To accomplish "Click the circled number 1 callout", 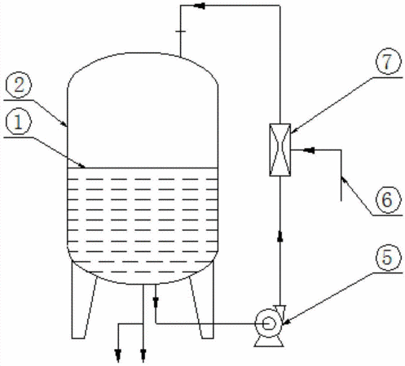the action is coord(18,123).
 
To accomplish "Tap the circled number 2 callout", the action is coord(18,85).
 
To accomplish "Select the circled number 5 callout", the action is coord(388,257).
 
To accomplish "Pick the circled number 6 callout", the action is coord(388,200).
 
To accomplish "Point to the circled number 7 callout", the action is coord(388,62).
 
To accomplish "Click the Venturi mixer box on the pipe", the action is coord(280,150).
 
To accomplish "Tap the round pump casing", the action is coord(268,323).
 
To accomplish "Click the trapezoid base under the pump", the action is coord(269,342).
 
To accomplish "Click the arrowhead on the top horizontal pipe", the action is coord(200,6).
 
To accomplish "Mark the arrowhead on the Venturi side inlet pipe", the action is coord(309,150).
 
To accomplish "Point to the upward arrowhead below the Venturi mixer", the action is coord(280,236).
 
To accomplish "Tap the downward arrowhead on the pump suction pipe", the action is coord(156,302).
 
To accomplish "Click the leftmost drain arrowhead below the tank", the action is coord(118,355).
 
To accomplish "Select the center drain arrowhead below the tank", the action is coord(143,355).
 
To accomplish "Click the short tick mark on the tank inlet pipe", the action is coord(180,32).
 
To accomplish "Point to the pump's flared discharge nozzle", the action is coord(280,312).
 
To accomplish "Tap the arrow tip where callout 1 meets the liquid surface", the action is coord(85,168).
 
